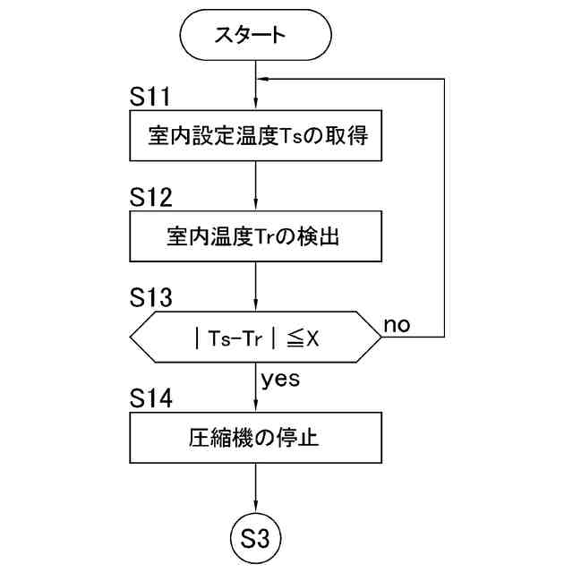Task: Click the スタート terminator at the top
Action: click(x=256, y=36)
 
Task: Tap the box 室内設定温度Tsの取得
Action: click(x=257, y=139)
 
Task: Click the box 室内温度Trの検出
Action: click(x=257, y=237)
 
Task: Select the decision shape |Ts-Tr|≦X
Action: click(x=257, y=338)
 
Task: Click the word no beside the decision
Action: click(x=397, y=324)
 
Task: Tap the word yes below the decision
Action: click(x=280, y=379)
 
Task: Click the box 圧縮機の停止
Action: click(x=257, y=438)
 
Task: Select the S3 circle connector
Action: click(x=257, y=540)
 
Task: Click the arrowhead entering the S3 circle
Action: click(x=257, y=512)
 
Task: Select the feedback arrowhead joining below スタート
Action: click(x=263, y=79)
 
